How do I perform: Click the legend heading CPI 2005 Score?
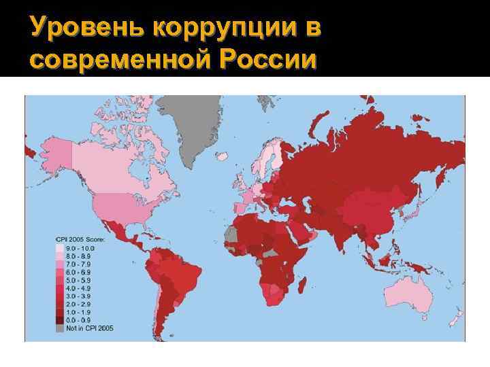coord(81,241)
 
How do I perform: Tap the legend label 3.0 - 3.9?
coord(78,296)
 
